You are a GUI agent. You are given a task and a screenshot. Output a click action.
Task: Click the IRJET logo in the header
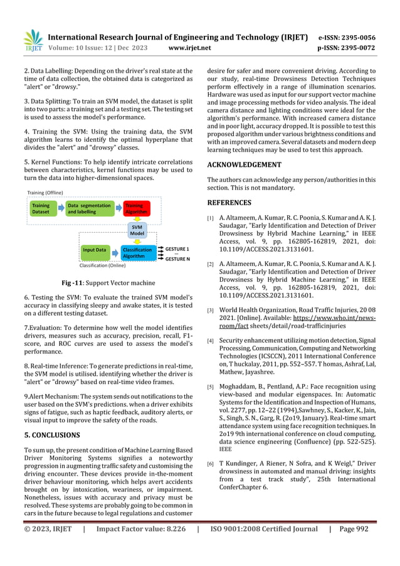(32, 40)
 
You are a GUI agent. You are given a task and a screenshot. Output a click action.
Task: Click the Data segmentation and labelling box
(89, 208)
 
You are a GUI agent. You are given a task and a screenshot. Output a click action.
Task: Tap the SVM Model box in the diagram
(137, 230)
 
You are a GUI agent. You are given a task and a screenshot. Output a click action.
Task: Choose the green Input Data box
(95, 250)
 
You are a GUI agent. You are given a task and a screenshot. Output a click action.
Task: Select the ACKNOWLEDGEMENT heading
(244, 164)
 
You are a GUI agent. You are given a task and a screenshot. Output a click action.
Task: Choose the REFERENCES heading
(229, 203)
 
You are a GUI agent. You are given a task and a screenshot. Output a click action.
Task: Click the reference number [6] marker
(211, 463)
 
